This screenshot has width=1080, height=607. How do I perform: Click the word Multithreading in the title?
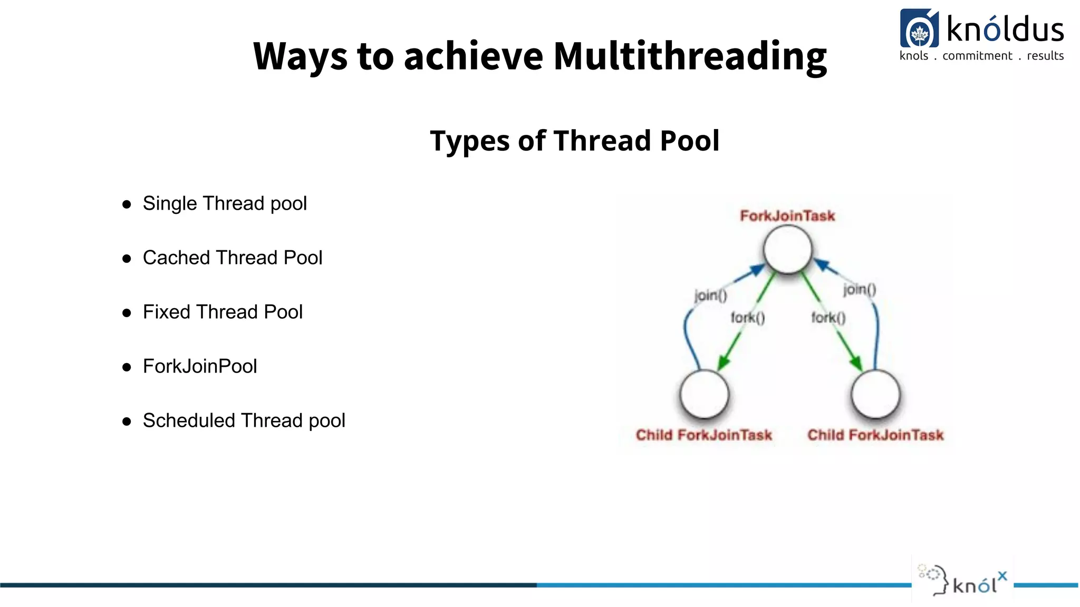click(x=690, y=57)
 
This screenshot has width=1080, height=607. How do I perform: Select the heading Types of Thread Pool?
click(x=574, y=141)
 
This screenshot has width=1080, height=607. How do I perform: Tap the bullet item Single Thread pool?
click(x=225, y=203)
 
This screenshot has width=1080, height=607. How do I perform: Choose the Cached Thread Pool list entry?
click(x=232, y=258)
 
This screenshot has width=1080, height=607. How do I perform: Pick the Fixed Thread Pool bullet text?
click(x=223, y=312)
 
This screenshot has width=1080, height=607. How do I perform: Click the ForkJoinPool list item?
click(x=200, y=366)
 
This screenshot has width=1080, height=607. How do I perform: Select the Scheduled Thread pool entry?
click(x=244, y=420)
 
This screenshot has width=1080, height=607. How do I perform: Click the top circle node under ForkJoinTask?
click(x=788, y=249)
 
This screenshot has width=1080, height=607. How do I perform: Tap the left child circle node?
click(x=704, y=394)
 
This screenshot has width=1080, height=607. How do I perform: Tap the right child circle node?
click(x=875, y=394)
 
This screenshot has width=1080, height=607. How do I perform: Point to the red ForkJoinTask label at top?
click(x=787, y=216)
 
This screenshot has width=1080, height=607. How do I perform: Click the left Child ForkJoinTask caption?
click(x=703, y=435)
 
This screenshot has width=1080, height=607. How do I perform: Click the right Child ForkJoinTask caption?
click(x=875, y=435)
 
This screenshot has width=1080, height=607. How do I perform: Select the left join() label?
click(x=710, y=295)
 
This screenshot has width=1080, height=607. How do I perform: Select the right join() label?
click(x=860, y=289)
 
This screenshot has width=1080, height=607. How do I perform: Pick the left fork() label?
click(x=747, y=318)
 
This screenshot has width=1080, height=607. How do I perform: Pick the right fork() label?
click(x=828, y=318)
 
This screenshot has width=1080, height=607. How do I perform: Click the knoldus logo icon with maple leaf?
click(x=919, y=29)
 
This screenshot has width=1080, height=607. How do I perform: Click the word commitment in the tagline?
click(x=977, y=56)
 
